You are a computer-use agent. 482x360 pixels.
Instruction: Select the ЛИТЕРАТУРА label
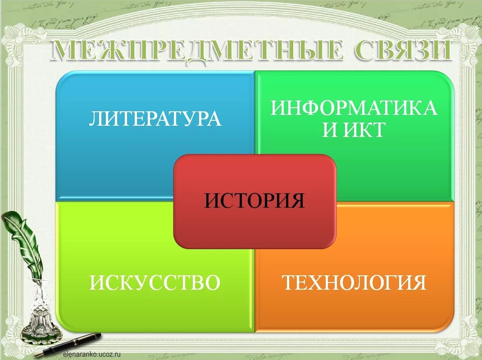pos(155,118)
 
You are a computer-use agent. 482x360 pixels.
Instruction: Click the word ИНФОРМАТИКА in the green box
pos(354,108)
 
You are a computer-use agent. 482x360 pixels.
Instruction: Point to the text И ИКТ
pos(354,130)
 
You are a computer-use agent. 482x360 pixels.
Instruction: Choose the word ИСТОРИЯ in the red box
pos(255,201)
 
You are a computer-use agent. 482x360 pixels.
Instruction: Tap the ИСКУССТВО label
pos(155,283)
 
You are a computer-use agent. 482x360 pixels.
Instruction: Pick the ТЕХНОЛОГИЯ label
pos(354,283)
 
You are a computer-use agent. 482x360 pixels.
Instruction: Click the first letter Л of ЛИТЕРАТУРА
pos(96,118)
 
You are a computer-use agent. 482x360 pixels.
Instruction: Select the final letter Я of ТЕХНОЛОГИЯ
pos(419,283)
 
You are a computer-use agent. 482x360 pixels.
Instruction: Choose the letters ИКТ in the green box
pos(365,130)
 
